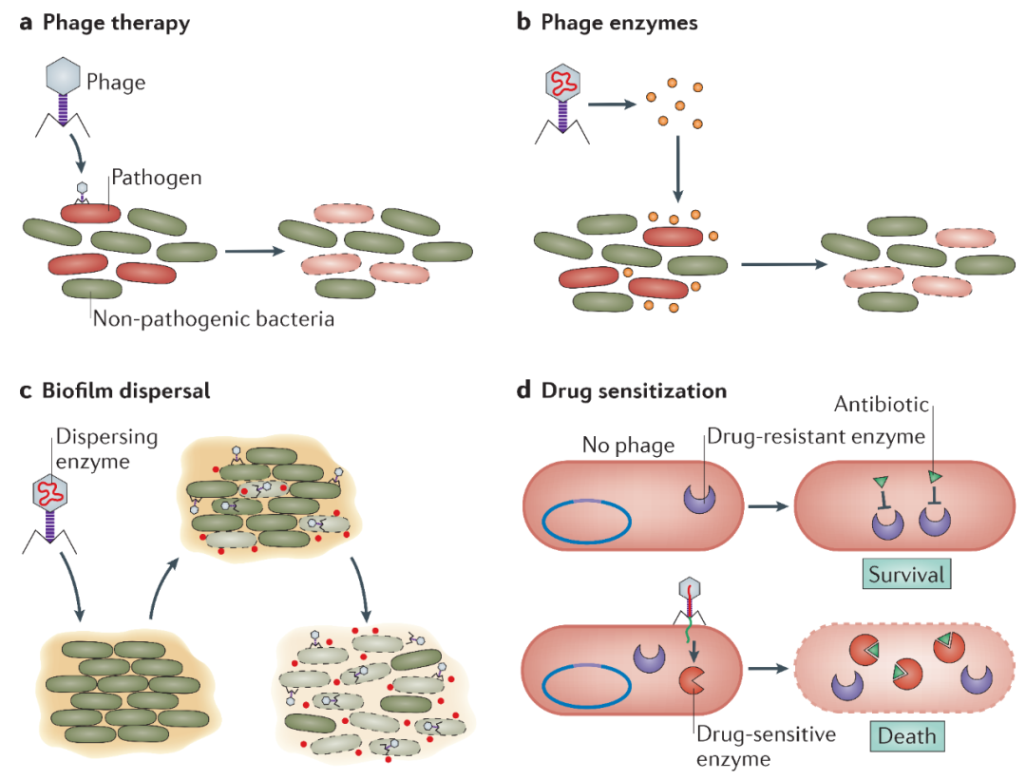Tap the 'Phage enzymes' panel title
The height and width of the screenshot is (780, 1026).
pyautogui.click(x=618, y=24)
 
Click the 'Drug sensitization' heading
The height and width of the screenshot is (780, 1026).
pyautogui.click(x=634, y=390)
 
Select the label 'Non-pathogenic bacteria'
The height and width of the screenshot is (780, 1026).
pyautogui.click(x=214, y=319)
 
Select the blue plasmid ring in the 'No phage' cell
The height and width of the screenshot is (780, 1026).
pyautogui.click(x=587, y=523)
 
